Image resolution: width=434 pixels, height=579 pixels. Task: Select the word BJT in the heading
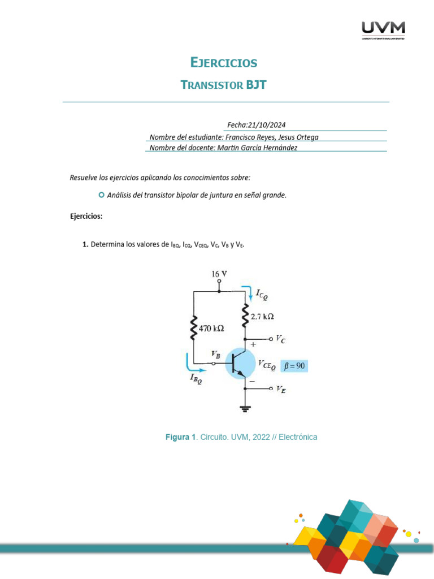(255, 85)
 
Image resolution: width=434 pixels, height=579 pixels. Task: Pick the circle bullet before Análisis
(101, 195)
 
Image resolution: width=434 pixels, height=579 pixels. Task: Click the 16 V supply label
(219, 274)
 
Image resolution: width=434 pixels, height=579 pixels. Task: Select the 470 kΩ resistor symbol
(194, 327)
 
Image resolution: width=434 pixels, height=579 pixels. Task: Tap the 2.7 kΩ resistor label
(263, 317)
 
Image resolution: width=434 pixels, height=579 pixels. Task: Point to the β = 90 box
(294, 366)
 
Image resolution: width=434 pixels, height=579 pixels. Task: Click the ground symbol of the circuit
(245, 408)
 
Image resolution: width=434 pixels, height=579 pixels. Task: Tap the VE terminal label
(280, 389)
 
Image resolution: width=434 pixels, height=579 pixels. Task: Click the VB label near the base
(215, 354)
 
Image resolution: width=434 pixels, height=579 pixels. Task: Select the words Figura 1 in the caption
(180, 437)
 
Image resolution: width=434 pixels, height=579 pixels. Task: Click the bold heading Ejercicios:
(86, 216)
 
